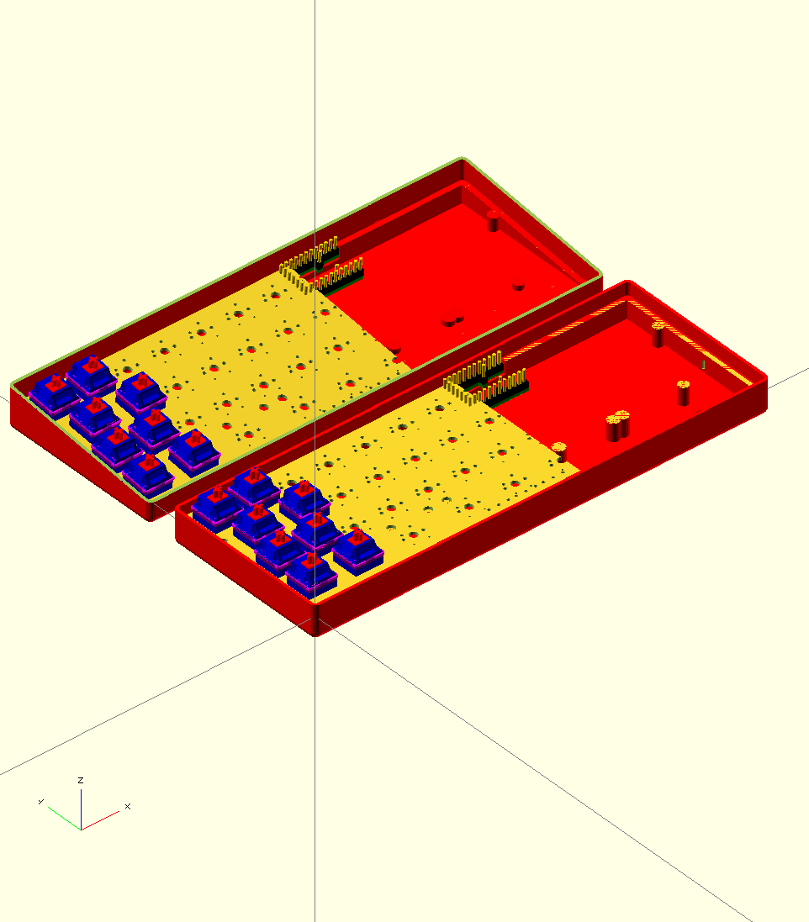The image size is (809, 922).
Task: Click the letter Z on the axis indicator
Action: (80, 780)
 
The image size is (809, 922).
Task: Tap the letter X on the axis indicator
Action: (128, 806)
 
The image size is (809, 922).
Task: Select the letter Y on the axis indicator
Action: (40, 801)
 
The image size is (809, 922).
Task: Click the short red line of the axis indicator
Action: (100, 820)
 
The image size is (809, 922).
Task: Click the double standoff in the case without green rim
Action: (617, 424)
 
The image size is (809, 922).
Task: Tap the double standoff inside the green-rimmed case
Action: (452, 319)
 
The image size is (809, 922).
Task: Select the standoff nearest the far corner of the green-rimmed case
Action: (493, 222)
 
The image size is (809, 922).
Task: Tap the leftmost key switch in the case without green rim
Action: (217, 503)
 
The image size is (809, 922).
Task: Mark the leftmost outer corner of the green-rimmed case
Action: (13, 388)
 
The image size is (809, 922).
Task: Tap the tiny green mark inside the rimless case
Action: (703, 365)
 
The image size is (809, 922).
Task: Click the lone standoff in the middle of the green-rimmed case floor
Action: (519, 285)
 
